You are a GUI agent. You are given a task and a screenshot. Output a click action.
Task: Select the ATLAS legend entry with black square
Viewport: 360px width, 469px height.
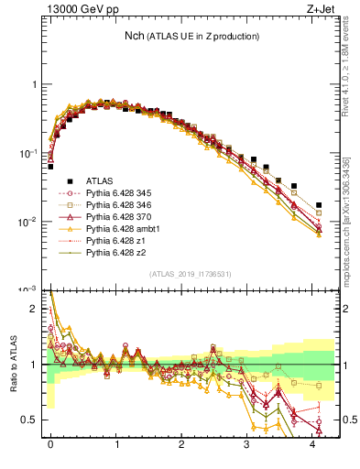click(106, 181)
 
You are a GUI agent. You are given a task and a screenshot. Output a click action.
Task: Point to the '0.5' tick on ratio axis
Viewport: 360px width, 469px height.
click(29, 420)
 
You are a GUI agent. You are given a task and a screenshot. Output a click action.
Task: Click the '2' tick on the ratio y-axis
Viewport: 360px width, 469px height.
click(35, 309)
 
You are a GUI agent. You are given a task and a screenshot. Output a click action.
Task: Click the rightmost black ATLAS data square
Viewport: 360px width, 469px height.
click(319, 205)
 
